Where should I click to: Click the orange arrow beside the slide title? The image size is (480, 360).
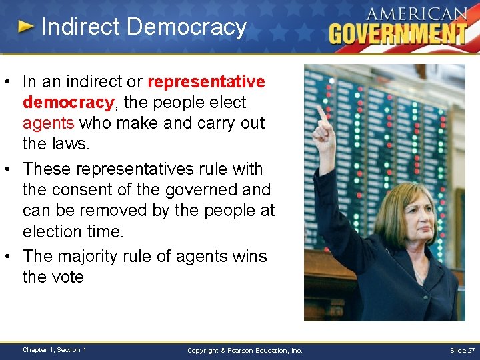[26, 27]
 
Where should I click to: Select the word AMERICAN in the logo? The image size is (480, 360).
[416, 14]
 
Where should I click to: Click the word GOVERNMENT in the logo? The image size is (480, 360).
[397, 33]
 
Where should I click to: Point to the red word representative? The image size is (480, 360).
[206, 82]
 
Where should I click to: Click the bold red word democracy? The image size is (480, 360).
[67, 103]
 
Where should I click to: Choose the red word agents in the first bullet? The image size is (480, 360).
[48, 123]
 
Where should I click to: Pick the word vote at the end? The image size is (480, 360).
[67, 277]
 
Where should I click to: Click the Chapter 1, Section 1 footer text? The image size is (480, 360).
[54, 350]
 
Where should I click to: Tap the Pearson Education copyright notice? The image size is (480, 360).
[245, 350]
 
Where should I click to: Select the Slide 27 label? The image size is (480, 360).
[461, 350]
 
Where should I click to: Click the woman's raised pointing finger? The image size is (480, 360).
[321, 115]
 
